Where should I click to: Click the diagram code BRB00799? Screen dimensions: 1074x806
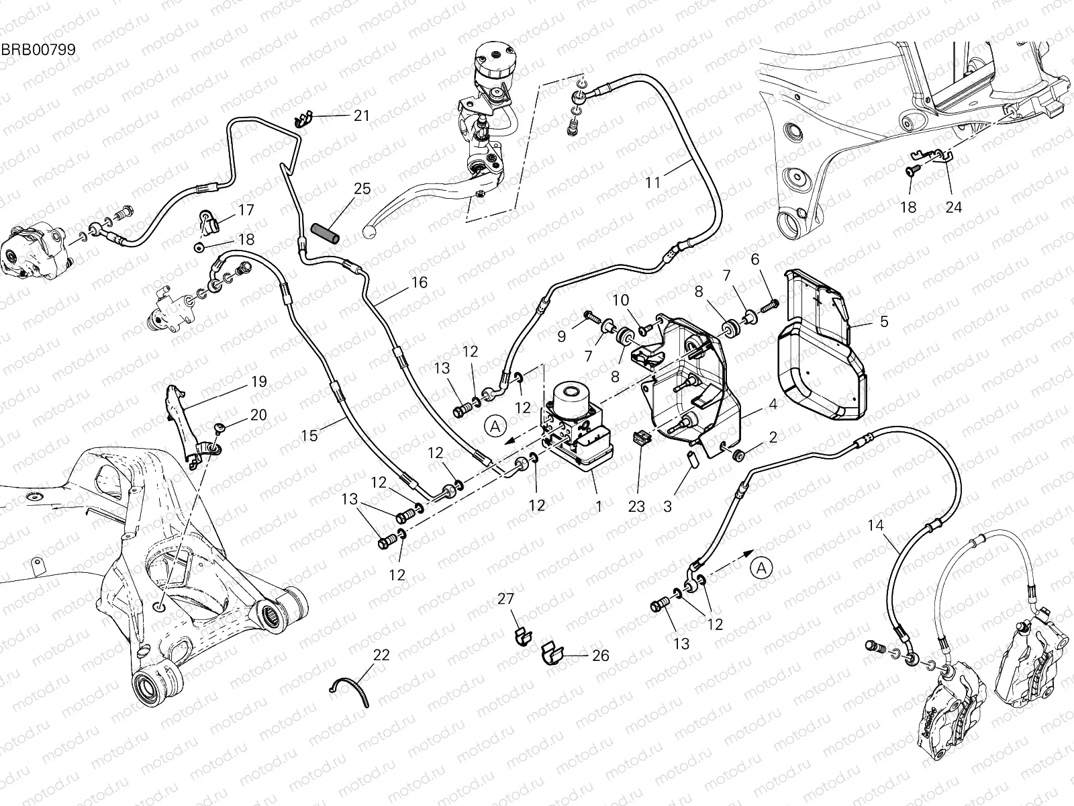pyautogui.click(x=38, y=50)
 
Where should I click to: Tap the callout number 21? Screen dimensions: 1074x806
pyautogui.click(x=362, y=116)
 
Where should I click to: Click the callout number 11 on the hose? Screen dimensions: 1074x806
pyautogui.click(x=653, y=183)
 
